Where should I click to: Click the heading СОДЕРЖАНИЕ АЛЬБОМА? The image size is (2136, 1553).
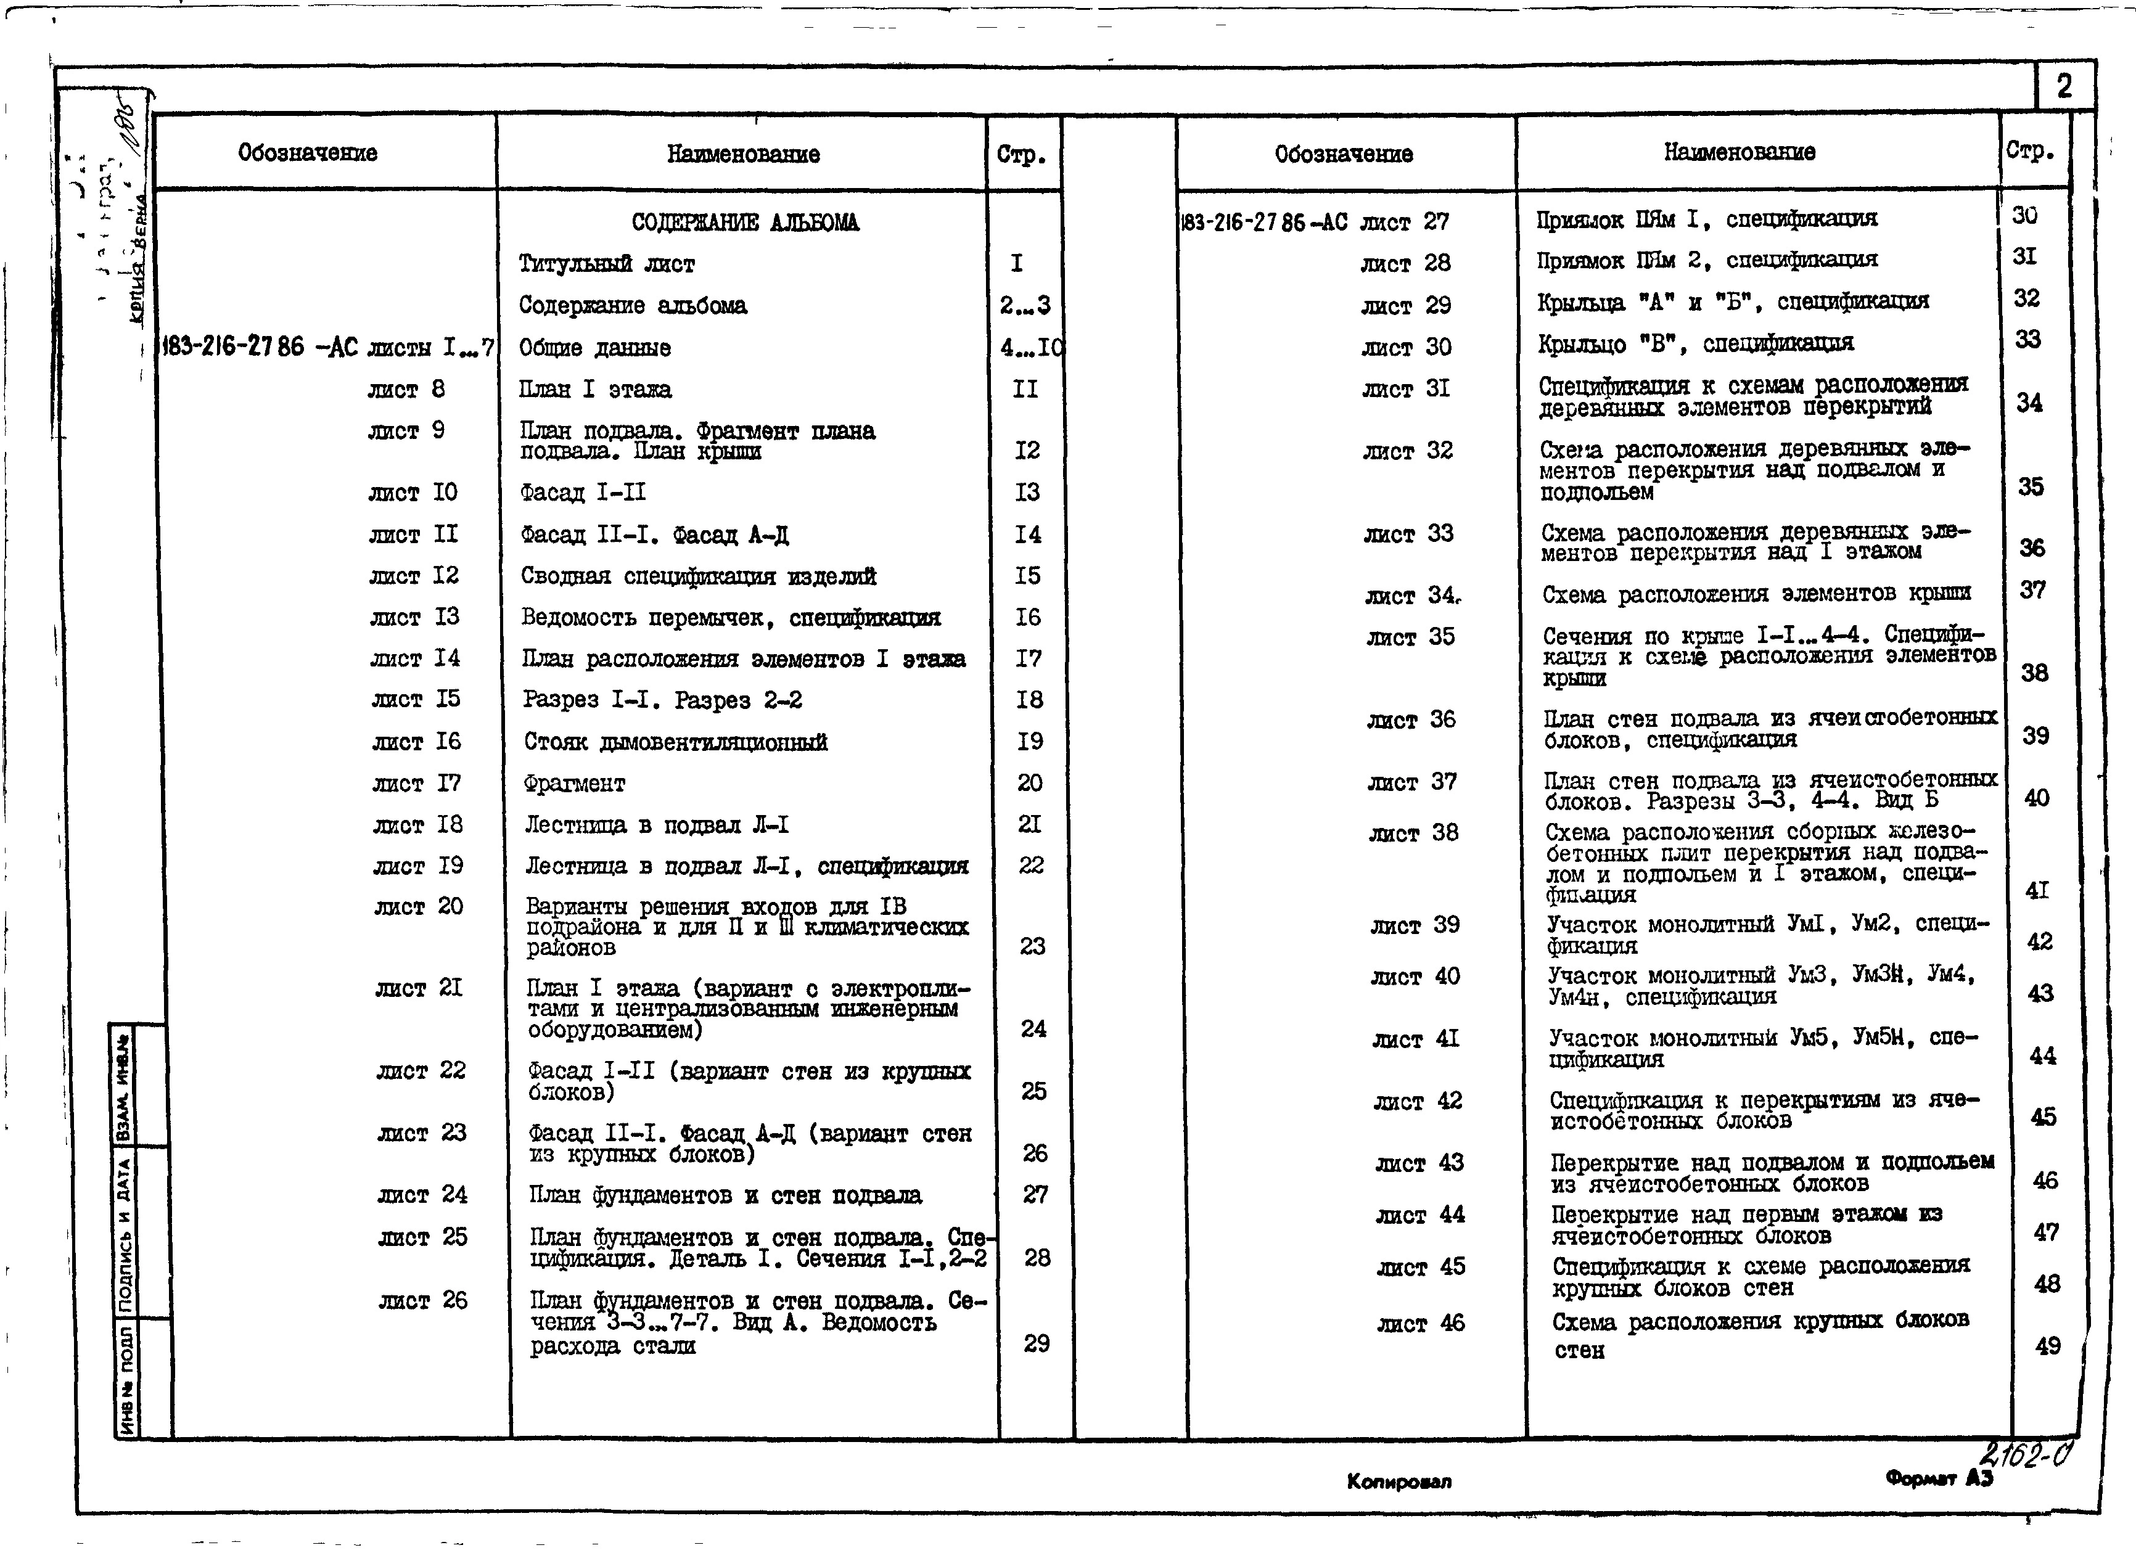(744, 223)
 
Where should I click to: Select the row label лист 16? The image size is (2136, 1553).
(416, 741)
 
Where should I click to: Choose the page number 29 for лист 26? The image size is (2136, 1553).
(1036, 1343)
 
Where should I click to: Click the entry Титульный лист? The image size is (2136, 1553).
(607, 264)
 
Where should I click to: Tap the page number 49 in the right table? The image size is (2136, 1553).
(2047, 1346)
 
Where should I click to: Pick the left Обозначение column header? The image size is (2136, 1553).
(307, 152)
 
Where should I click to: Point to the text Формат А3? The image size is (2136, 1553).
(1938, 1478)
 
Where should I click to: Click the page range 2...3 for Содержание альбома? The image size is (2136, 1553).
(1025, 305)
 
